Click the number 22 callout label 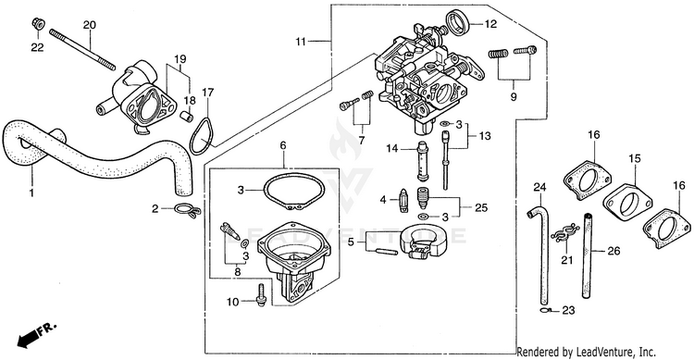pyautogui.click(x=37, y=47)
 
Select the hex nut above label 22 pyautogui.click(x=37, y=22)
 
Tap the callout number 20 pyautogui.click(x=90, y=25)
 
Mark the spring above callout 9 pyautogui.click(x=499, y=54)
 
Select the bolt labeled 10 pyautogui.click(x=261, y=293)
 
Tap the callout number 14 pyautogui.click(x=392, y=149)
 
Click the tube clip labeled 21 pyautogui.click(x=565, y=232)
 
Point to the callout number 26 pyautogui.click(x=613, y=252)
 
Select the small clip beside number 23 pyautogui.click(x=546, y=310)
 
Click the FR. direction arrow pyautogui.click(x=37, y=334)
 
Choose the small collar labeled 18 pyautogui.click(x=186, y=118)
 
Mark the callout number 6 pyautogui.click(x=283, y=145)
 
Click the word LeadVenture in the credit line pyautogui.click(x=599, y=353)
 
